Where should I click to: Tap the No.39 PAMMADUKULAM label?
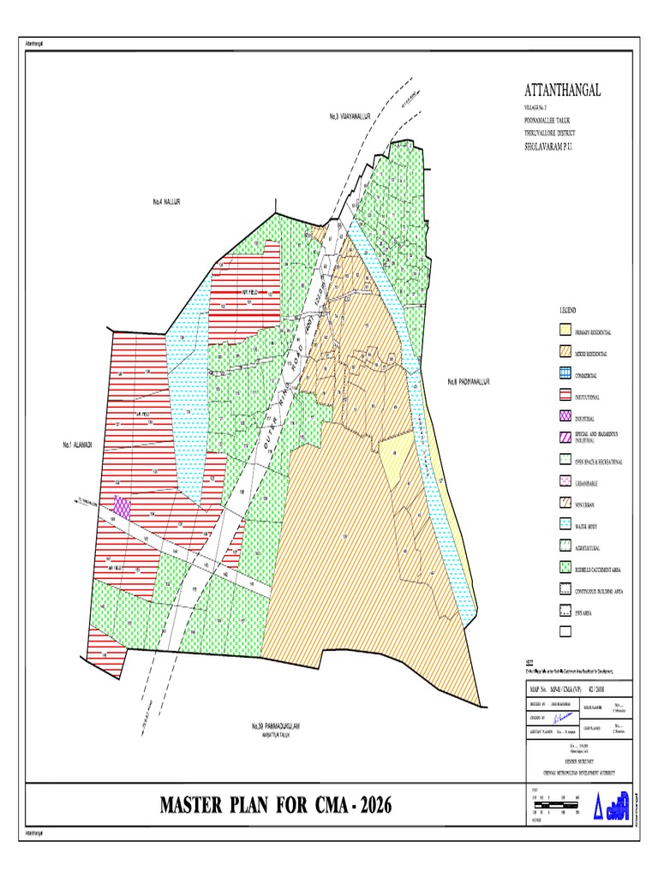click(x=277, y=726)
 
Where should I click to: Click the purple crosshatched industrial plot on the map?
click(x=123, y=509)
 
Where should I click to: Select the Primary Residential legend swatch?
click(x=565, y=331)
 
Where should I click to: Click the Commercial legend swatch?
click(x=565, y=374)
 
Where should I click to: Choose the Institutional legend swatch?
click(x=565, y=397)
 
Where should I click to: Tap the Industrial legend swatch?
click(x=565, y=417)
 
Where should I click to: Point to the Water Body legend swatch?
click(x=565, y=525)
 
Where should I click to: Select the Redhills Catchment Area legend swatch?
click(x=565, y=568)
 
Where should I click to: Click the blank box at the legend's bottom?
click(x=565, y=633)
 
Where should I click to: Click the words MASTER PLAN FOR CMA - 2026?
click(x=278, y=805)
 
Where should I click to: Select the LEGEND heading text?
click(x=568, y=309)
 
